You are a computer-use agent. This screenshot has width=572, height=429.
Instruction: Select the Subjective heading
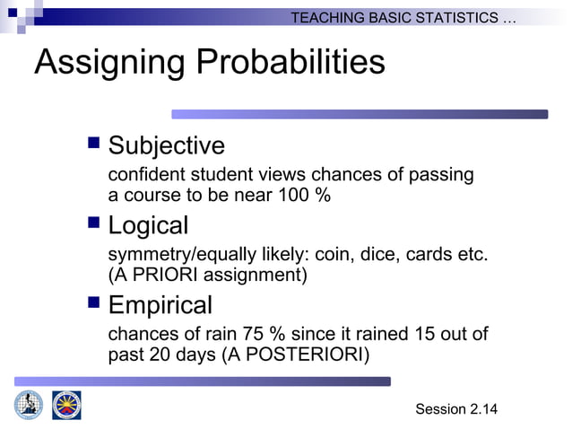(x=166, y=145)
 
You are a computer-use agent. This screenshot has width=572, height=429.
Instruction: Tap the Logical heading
(x=148, y=225)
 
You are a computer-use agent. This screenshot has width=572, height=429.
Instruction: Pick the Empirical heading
(x=160, y=305)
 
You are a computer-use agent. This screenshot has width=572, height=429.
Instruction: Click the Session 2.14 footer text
(x=455, y=409)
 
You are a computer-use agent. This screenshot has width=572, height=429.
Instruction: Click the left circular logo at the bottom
(x=28, y=405)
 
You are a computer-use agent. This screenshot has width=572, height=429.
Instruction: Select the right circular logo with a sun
(x=66, y=405)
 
